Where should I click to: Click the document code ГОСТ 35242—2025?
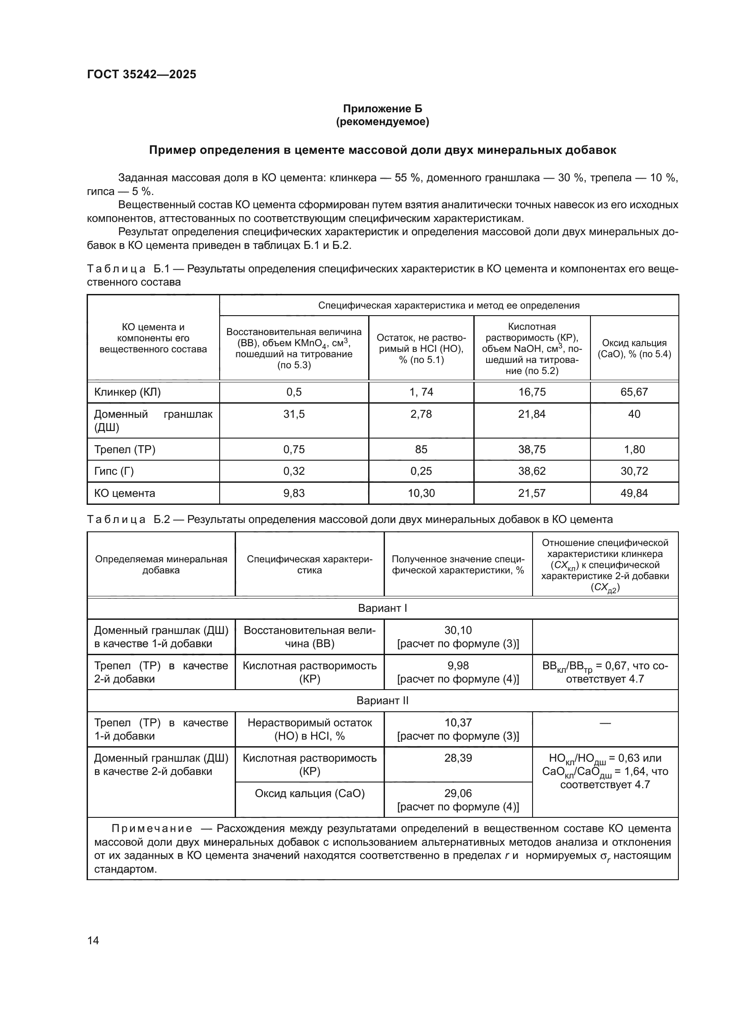[141, 74]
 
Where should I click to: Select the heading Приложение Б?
[382, 109]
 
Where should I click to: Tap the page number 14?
[93, 940]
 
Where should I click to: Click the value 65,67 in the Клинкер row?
[634, 392]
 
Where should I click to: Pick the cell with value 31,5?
[293, 414]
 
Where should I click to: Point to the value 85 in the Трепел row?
[421, 450]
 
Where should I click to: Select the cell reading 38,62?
[532, 471]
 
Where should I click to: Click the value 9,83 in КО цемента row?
[293, 493]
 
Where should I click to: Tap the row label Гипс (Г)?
[114, 471]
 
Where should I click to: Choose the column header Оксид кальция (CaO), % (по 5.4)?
[634, 348]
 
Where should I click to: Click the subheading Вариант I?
[382, 608]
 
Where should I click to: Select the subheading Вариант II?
[382, 701]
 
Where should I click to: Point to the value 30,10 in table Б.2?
[458, 630]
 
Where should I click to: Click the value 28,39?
[458, 758]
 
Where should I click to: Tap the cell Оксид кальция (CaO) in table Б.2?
[310, 793]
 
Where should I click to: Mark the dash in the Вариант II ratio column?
[605, 723]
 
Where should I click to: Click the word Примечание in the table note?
[152, 828]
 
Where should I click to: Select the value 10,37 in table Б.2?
[458, 723]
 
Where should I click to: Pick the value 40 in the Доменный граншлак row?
[634, 414]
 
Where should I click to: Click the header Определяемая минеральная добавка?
[161, 565]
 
